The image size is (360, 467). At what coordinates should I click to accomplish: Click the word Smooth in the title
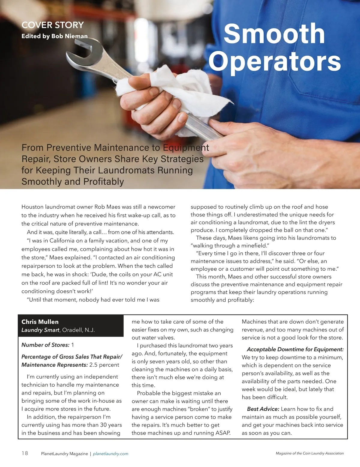pos(274,34)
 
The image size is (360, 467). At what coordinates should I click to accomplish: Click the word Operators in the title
pos(274,61)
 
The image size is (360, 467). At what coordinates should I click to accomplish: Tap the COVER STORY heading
pos(52,25)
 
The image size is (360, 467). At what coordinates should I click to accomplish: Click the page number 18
pos(25,453)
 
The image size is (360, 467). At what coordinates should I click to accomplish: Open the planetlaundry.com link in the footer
pos(110,454)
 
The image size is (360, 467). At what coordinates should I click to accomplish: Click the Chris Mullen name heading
pos(40,322)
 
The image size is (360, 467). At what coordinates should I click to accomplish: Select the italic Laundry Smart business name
pos(40,330)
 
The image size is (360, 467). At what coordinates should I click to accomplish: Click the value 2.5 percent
pos(104,365)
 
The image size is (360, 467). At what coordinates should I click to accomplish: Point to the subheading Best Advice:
pos(263,409)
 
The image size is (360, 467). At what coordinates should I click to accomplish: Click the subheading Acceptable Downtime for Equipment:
pos(295,349)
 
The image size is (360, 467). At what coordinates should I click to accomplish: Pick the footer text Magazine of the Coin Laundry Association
pos(310,454)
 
